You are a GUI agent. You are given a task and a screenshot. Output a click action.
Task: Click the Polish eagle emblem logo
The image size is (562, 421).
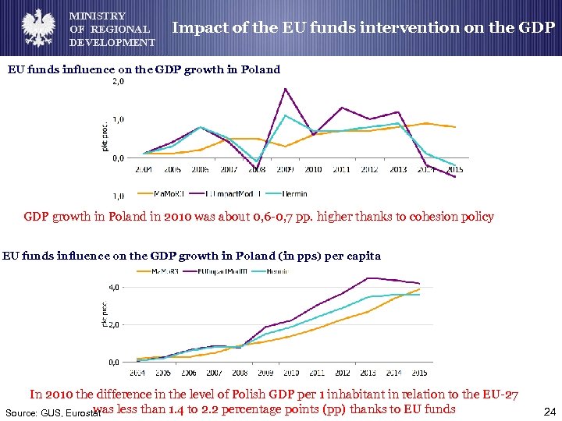[x=34, y=28]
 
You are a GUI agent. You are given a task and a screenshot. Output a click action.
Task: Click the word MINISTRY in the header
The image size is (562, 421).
[x=98, y=16]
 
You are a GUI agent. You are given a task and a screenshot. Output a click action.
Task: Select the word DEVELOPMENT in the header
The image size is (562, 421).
[x=112, y=42]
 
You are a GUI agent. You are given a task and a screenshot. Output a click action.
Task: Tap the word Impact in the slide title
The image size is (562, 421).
[x=196, y=27]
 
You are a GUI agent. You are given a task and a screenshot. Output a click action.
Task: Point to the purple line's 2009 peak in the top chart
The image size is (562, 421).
[x=286, y=88]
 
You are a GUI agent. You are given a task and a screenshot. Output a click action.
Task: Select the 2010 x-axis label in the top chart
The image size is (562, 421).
[x=313, y=169]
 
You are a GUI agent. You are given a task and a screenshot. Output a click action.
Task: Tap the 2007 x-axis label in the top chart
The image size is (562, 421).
[x=228, y=169]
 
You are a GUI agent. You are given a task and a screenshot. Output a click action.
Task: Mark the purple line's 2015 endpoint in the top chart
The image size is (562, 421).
[x=455, y=177]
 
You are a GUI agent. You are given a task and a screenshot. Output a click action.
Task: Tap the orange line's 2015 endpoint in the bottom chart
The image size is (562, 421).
[x=420, y=289]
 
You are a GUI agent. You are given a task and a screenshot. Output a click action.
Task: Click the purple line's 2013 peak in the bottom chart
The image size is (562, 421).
[x=367, y=278]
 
